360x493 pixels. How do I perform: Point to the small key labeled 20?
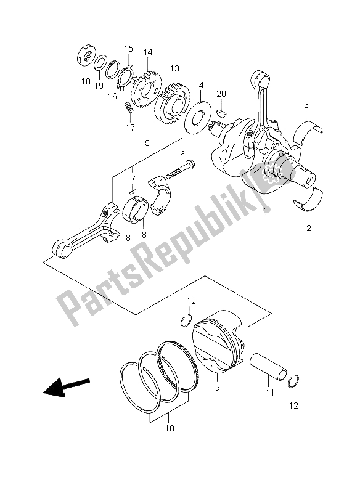pyautogui.click(x=223, y=113)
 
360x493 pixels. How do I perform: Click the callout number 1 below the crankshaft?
pyautogui.click(x=266, y=210)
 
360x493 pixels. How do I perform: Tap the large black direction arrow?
pyautogui.click(x=65, y=388)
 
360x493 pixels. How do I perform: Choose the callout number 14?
pyautogui.click(x=147, y=53)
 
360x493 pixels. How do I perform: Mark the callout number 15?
pyautogui.click(x=128, y=48)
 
